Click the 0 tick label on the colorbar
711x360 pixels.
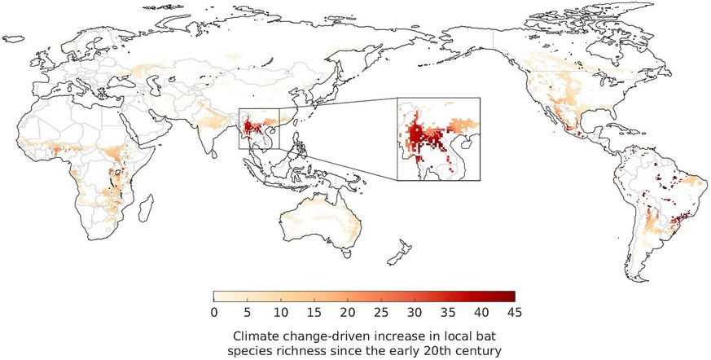tap(213, 312)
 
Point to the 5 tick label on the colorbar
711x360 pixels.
tap(247, 312)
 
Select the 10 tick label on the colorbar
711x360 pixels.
tap(280, 312)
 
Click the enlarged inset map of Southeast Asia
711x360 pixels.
tap(438, 138)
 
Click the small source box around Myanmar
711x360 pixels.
tap(258, 129)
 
